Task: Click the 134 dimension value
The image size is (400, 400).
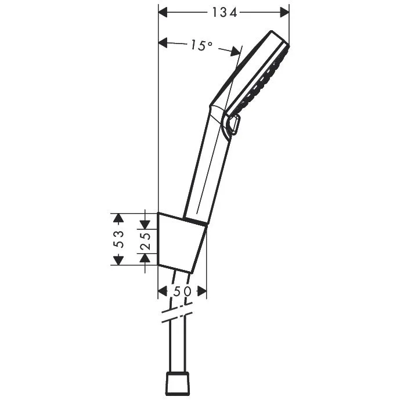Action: (224, 12)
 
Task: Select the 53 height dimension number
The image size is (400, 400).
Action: (119, 239)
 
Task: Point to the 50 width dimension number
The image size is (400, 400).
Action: (182, 291)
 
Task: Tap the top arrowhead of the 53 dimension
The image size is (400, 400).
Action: (119, 218)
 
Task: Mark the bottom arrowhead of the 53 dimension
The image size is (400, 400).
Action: (119, 260)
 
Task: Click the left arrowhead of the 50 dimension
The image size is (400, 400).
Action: (163, 291)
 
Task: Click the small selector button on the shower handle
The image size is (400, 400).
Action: (234, 125)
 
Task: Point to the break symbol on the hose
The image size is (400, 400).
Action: (176, 317)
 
